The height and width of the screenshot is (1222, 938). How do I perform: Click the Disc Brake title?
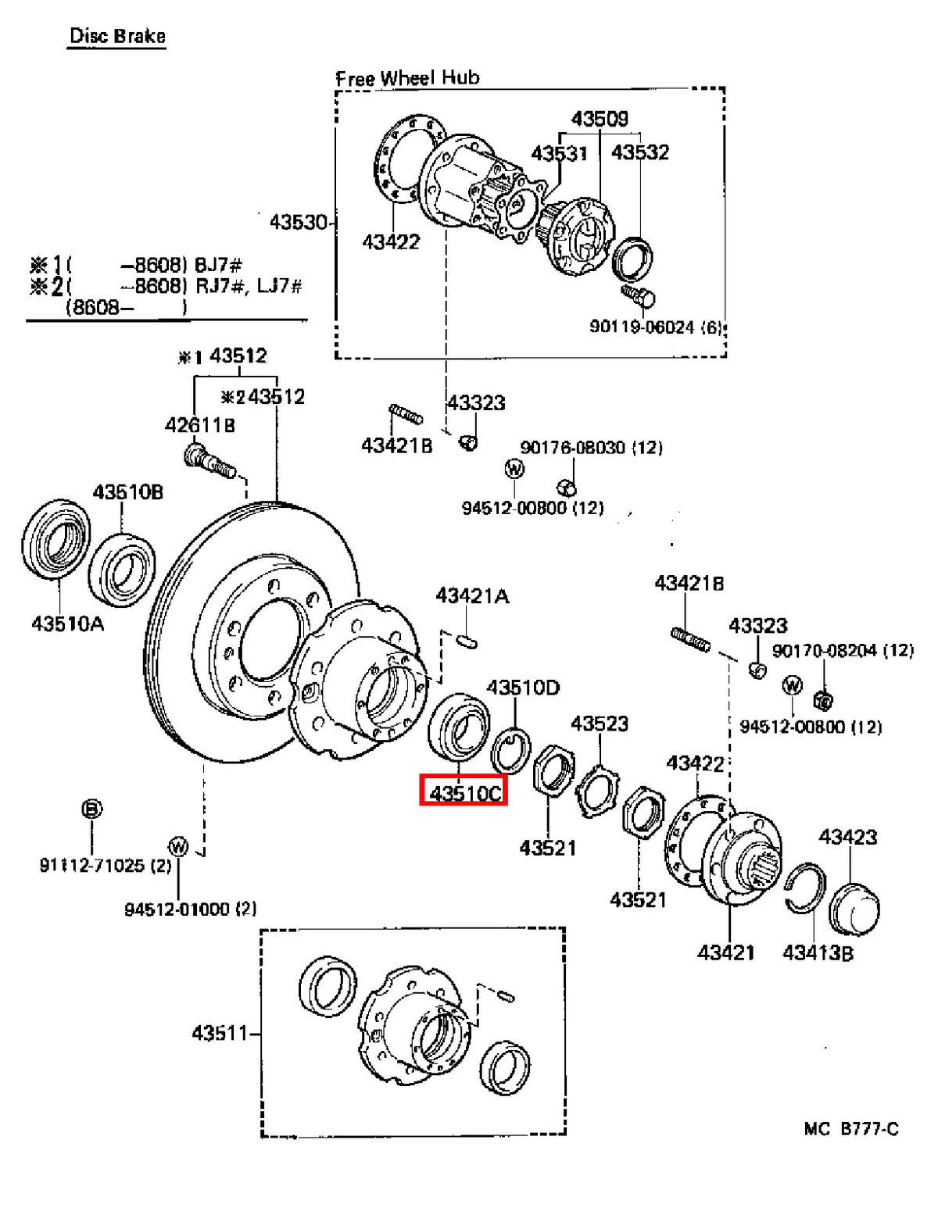117,37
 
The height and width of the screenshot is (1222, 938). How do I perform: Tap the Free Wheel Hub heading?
407,77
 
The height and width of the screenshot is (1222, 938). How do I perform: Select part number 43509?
600,119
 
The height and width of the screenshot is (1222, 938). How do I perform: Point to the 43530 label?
298,222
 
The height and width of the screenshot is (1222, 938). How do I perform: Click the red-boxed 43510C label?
464,793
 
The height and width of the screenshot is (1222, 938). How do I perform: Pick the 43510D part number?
522,688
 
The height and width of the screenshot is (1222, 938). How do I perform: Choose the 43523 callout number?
599,724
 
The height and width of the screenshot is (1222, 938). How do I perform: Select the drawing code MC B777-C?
850,1129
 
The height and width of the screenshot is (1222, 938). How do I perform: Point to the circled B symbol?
91,809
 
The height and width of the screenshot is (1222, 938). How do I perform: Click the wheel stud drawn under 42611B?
210,461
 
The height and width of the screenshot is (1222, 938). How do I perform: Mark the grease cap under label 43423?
854,909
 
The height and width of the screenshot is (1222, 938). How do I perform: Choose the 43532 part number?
640,152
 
